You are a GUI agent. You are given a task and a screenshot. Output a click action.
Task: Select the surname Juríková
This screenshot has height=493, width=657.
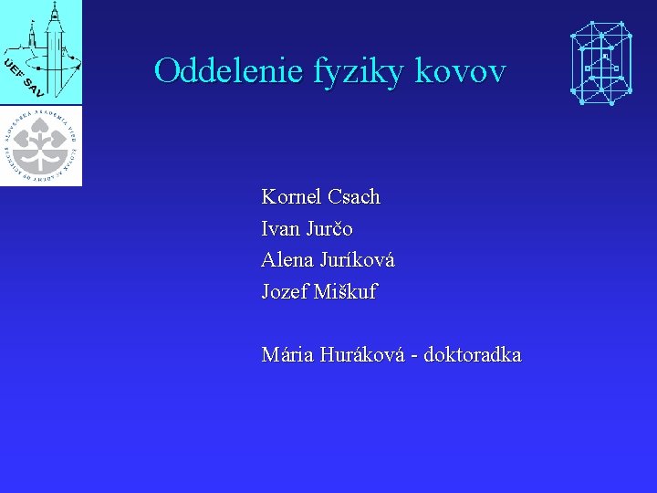[x=357, y=261]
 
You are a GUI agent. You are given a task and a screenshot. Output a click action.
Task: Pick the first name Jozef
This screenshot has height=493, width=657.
[x=285, y=292]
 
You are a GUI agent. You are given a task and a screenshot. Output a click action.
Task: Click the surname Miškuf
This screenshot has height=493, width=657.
[x=345, y=292]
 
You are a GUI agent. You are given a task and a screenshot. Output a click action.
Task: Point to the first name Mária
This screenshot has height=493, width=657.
[x=287, y=354]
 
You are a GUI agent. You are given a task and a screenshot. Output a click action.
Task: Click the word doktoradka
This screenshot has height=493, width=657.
[x=473, y=354]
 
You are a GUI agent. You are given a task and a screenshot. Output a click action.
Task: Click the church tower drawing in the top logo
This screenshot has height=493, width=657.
[x=53, y=41]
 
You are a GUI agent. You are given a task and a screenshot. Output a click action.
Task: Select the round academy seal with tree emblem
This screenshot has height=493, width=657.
[x=41, y=144]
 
